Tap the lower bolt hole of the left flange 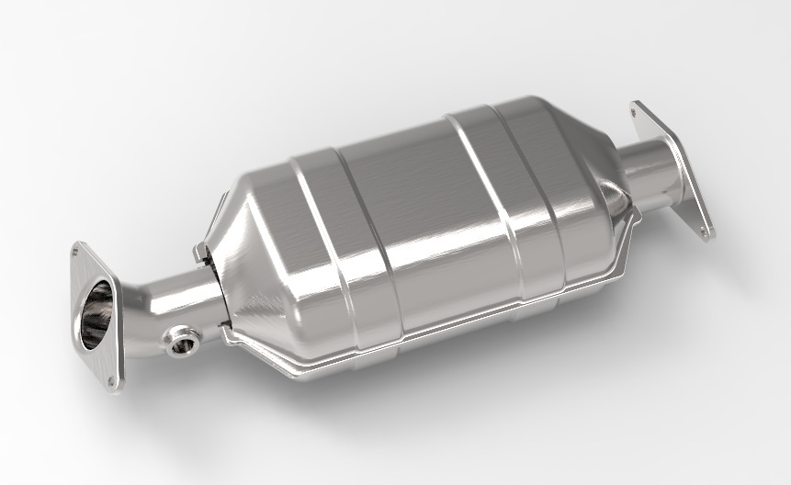coord(112,379)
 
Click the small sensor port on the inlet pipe coord(181,344)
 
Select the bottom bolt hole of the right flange coord(705,233)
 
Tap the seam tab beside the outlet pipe coord(632,217)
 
